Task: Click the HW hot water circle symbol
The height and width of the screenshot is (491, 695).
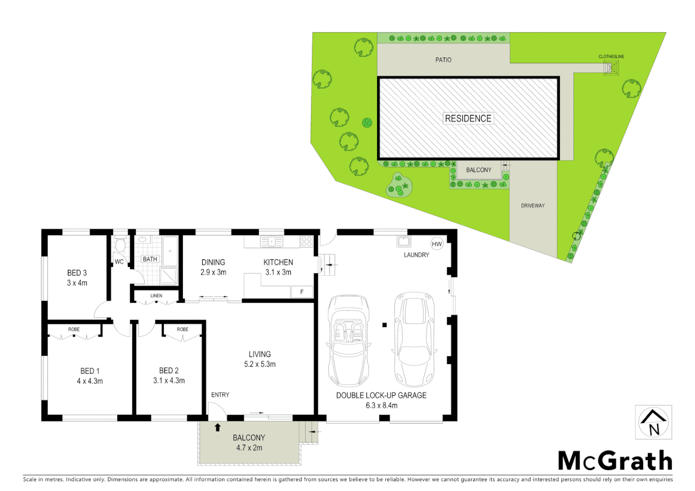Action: coord(437,244)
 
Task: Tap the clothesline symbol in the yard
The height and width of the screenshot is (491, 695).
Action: coord(611,68)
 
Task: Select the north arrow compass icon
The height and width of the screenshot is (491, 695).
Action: coord(653,423)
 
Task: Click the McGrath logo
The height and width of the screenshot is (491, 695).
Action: coord(615,461)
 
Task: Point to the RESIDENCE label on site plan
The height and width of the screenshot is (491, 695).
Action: coord(468,119)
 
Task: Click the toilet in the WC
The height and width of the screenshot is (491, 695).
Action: coord(120,245)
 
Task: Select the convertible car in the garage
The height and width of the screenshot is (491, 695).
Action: coord(348,340)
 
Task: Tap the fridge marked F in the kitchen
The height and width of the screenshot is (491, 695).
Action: coord(302,292)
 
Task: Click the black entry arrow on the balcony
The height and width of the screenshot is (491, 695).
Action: coord(217,427)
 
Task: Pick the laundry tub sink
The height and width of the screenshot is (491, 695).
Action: coord(403,241)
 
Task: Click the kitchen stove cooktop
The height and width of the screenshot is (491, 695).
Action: coord(307,241)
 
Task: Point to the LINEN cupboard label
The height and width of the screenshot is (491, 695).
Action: coord(156,296)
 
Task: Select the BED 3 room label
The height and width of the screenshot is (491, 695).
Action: coord(77,273)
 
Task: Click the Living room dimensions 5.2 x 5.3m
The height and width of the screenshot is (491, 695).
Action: coord(260,364)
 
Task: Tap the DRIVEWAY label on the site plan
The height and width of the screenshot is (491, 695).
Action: coord(533,205)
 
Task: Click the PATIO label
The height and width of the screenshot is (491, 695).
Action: coord(443,60)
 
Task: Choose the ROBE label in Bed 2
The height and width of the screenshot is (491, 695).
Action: coord(182,329)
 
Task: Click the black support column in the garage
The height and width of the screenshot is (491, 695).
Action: coord(384,325)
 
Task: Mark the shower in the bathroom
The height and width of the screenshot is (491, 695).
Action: coord(169,276)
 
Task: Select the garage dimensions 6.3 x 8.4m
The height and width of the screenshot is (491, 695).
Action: coord(381,406)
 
